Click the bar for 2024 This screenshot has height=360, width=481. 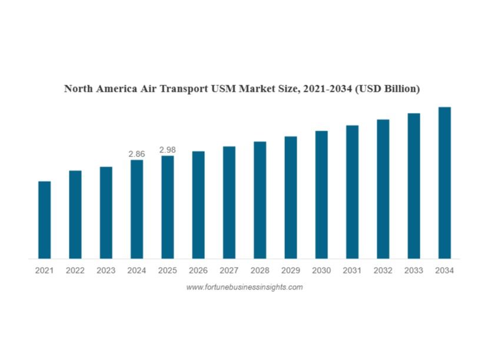pos(137,209)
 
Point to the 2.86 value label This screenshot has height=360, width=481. pos(137,154)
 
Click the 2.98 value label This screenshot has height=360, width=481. pos(167,150)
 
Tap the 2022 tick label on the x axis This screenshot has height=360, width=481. pos(75,271)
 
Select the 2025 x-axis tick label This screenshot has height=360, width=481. pos(167,271)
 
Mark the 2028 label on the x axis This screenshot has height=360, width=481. pos(260,271)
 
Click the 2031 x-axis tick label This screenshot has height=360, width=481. pos(352,271)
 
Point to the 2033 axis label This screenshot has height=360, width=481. pos(414,271)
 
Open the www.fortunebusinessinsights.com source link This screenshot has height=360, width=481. pos(244,287)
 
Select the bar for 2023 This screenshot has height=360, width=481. pos(106,212)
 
